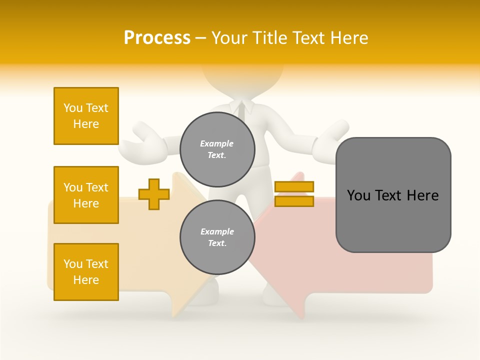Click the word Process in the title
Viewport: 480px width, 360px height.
coord(157,38)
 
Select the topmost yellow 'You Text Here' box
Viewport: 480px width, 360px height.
coord(86,116)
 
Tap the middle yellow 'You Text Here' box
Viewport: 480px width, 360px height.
coord(86,195)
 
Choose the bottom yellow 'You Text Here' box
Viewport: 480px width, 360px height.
coord(86,272)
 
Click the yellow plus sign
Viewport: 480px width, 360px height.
coord(153,194)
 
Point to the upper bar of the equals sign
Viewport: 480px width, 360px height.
coord(294,187)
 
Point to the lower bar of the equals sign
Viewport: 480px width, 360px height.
coord(294,201)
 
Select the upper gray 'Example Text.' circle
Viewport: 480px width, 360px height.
coord(217,149)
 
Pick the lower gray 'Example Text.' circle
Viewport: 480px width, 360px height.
coord(217,237)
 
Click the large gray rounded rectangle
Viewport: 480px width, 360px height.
coord(393,220)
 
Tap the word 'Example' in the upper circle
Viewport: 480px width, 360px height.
coord(217,143)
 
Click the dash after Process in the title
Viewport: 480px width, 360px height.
coord(201,38)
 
